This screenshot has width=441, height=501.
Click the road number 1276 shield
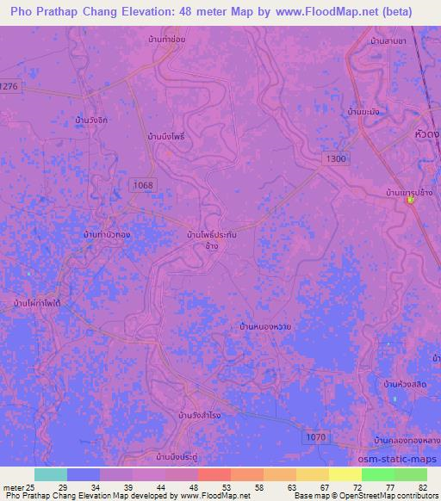click(9, 87)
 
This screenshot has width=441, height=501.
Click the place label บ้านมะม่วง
click(365, 112)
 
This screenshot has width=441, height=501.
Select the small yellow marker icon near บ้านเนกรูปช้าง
click(411, 201)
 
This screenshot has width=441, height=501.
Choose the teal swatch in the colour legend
click(51, 474)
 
